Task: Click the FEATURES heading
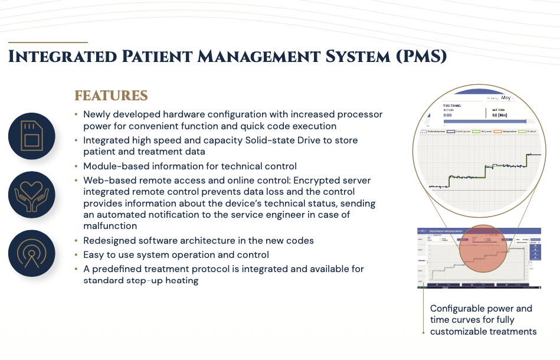coord(111,96)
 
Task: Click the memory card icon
coord(31,136)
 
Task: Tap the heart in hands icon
coord(31,195)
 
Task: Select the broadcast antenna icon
coord(31,253)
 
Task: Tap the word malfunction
coord(110,225)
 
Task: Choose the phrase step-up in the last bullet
coord(143,280)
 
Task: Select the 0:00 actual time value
coord(448,116)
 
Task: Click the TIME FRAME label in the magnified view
coord(452,106)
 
